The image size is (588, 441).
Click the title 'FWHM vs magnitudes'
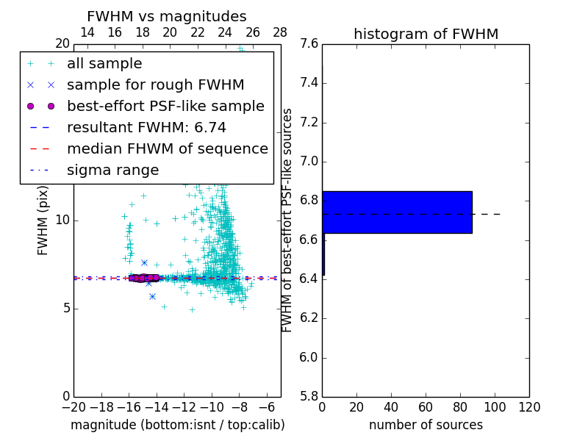[167, 16]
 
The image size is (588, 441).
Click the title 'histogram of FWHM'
[426, 34]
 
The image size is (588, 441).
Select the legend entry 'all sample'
[104, 64]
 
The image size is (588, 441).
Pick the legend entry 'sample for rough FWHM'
[155, 85]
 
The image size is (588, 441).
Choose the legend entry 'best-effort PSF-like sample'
[165, 106]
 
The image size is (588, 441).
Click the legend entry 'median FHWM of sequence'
[167, 148]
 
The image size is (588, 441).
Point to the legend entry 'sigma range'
[112, 170]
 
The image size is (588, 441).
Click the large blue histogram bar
[397, 212]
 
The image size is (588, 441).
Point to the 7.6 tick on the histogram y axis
[309, 44]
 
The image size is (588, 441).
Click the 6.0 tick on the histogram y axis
[309, 357]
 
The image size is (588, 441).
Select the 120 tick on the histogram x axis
[529, 407]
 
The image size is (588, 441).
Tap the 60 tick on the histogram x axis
[426, 407]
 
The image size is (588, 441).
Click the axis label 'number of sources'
[426, 425]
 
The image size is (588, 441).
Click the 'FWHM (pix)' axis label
[43, 220]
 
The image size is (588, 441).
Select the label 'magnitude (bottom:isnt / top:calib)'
[177, 425]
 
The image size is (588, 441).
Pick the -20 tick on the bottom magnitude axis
[73, 407]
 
